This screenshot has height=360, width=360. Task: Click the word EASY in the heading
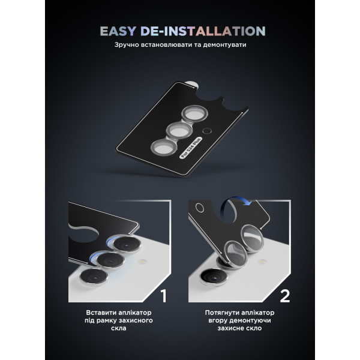point(118,31)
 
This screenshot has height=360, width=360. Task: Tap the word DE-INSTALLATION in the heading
point(203,31)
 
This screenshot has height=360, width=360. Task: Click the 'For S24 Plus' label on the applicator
point(191,148)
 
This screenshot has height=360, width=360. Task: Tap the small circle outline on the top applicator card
point(207,131)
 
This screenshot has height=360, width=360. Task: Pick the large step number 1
point(163,296)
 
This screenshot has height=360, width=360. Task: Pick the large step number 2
point(285,296)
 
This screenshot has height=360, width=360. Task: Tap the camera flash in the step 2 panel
point(262,261)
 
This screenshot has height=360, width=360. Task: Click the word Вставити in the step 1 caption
point(101,313)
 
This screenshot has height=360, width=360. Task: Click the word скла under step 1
point(119,328)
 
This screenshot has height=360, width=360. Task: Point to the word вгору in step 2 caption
point(218,320)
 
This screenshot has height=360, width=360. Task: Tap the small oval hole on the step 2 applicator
point(200,208)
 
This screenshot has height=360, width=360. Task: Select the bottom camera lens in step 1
point(94,277)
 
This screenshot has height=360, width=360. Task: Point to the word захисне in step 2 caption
point(229,328)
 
